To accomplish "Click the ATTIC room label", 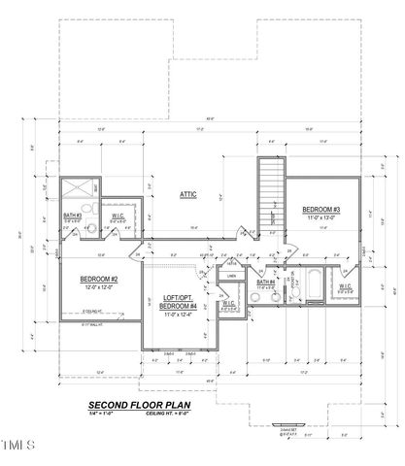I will tap(188, 194).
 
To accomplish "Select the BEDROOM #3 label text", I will tap(321, 210).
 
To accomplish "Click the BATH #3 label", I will tap(72, 215).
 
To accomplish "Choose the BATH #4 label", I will tap(264, 284).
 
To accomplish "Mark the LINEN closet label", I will tap(231, 276).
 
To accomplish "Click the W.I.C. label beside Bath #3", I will tap(117, 216).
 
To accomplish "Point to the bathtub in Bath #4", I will tap(317, 287).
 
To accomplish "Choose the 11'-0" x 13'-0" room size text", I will tap(321, 218).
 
